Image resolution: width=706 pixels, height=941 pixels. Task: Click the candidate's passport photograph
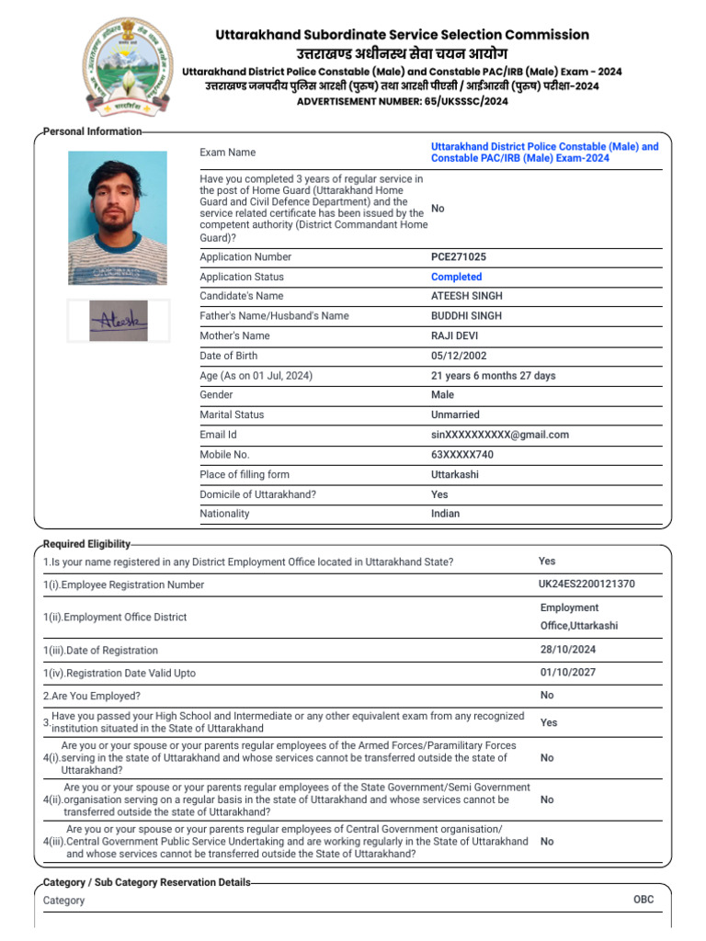118,218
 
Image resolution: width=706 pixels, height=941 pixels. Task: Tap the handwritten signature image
118,320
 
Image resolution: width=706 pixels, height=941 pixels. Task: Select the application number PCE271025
459,257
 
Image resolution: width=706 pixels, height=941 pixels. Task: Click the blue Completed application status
456,277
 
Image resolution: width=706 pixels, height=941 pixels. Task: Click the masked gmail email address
500,435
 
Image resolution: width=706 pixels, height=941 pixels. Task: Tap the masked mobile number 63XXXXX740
462,455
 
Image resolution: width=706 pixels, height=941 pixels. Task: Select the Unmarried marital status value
455,414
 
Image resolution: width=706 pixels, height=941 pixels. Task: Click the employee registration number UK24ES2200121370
586,584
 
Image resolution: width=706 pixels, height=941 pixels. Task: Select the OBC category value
643,900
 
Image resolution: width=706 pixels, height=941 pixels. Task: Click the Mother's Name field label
234,336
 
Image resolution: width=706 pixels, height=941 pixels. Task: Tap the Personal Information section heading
92,131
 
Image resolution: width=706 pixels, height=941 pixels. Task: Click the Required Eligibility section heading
86,544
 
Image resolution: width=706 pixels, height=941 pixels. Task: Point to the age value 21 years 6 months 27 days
493,376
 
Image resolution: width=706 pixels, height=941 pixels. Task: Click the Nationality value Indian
446,514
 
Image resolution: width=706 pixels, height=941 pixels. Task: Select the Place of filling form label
245,474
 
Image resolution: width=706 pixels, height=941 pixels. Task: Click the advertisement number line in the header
402,101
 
